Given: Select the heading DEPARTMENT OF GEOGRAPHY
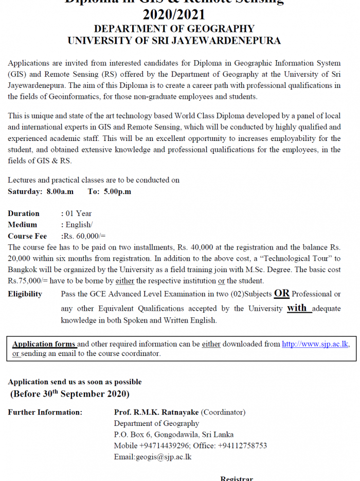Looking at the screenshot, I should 174,29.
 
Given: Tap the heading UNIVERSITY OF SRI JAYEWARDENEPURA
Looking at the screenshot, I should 174,41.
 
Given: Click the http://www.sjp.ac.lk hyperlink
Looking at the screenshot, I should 315,344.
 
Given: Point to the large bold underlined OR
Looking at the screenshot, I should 282,293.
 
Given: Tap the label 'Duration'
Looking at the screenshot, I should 24,213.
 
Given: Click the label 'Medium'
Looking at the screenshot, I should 23,225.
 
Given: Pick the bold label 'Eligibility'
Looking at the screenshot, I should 25,294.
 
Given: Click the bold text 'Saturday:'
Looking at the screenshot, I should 25,191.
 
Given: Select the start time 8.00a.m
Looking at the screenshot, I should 60,191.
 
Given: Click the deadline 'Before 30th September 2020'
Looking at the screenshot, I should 70,394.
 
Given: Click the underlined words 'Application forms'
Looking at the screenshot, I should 44,344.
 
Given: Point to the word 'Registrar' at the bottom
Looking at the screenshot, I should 237,478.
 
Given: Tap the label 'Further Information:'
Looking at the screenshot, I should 45,412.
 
